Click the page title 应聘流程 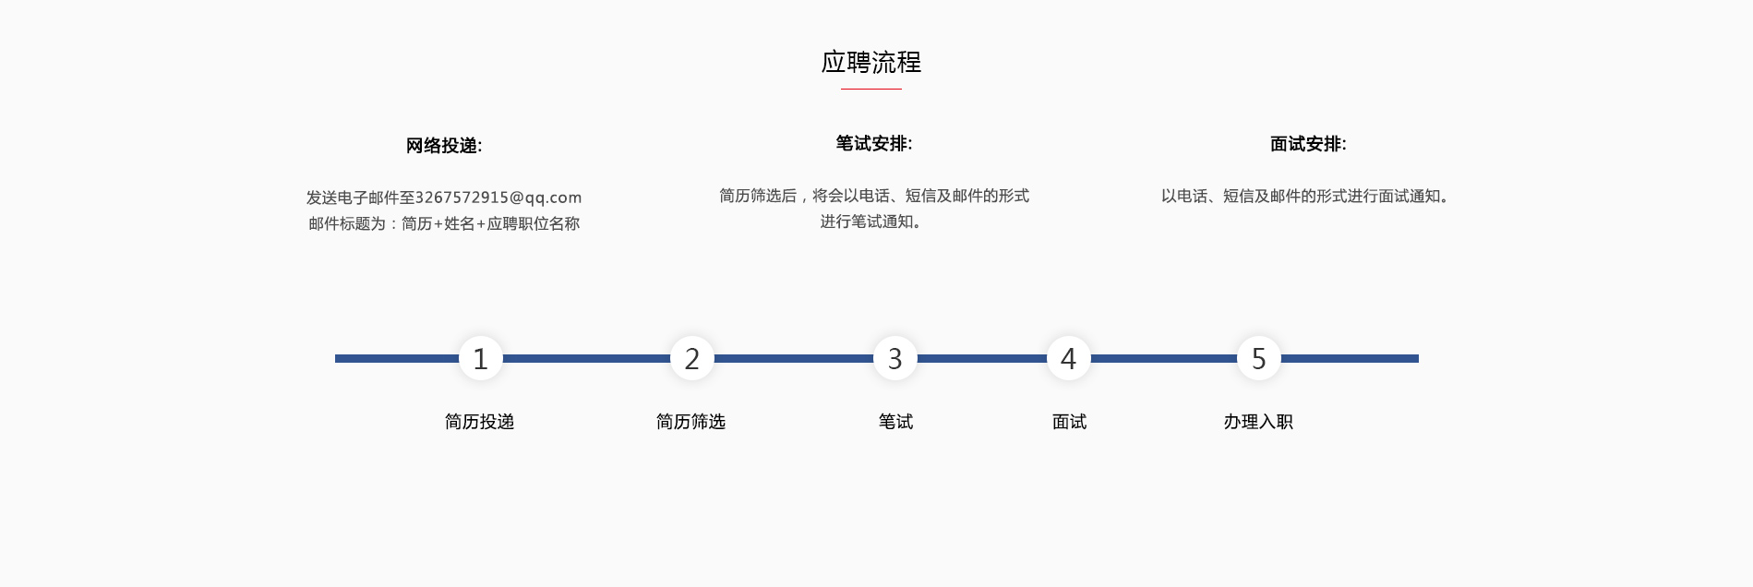pyautogui.click(x=871, y=62)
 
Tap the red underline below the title pyautogui.click(x=871, y=89)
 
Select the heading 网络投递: pyautogui.click(x=444, y=146)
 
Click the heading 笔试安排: pyautogui.click(x=874, y=144)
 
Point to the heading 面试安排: pyautogui.click(x=1308, y=144)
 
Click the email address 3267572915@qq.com pyautogui.click(x=498, y=198)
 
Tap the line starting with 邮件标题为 pyautogui.click(x=444, y=223)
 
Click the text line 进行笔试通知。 pyautogui.click(x=871, y=222)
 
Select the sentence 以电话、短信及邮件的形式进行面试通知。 pyautogui.click(x=1305, y=196)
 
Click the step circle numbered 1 pyautogui.click(x=481, y=358)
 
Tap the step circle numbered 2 pyautogui.click(x=692, y=358)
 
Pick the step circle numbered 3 pyautogui.click(x=895, y=358)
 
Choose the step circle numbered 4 pyautogui.click(x=1069, y=358)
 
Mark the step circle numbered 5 pyautogui.click(x=1259, y=358)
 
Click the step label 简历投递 pyautogui.click(x=480, y=422)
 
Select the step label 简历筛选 pyautogui.click(x=691, y=422)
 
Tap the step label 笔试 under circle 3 pyautogui.click(x=895, y=422)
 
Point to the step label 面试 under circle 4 pyautogui.click(x=1069, y=422)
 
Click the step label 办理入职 pyautogui.click(x=1258, y=422)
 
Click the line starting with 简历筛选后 pyautogui.click(x=874, y=196)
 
